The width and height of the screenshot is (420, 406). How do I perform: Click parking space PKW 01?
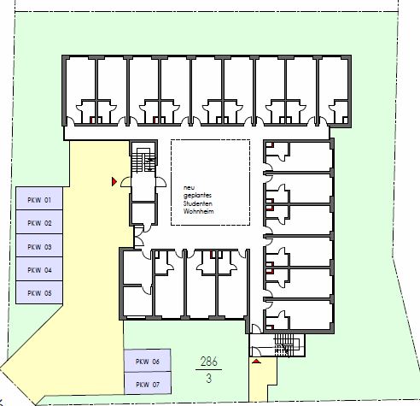click(x=39, y=198)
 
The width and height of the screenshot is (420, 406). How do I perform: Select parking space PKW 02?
click(x=39, y=222)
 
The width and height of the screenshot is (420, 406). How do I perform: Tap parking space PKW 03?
click(x=39, y=245)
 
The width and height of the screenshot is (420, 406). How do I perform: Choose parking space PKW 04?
click(x=39, y=269)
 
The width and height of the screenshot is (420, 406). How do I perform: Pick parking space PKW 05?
click(x=39, y=292)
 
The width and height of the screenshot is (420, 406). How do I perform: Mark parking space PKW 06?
click(x=148, y=361)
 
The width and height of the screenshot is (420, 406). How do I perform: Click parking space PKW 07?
click(x=148, y=383)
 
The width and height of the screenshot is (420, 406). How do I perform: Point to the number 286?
click(x=209, y=362)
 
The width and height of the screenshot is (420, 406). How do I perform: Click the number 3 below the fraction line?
click(x=209, y=379)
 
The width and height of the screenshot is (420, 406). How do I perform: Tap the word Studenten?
click(x=198, y=203)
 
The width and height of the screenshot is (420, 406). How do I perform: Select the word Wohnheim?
click(x=198, y=211)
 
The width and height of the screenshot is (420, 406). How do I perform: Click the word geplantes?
click(x=197, y=196)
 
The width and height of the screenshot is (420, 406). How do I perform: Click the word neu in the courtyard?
click(x=188, y=188)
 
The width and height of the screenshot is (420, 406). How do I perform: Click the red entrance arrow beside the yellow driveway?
click(x=114, y=181)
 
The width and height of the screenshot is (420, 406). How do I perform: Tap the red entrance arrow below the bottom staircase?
click(x=256, y=362)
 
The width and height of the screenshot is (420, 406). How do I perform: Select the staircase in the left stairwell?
click(x=143, y=160)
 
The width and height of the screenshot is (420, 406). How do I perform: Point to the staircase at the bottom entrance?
click(x=287, y=344)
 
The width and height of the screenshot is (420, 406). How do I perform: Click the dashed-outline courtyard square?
click(x=211, y=182)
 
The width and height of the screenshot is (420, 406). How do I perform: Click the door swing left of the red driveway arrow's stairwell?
click(x=125, y=182)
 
